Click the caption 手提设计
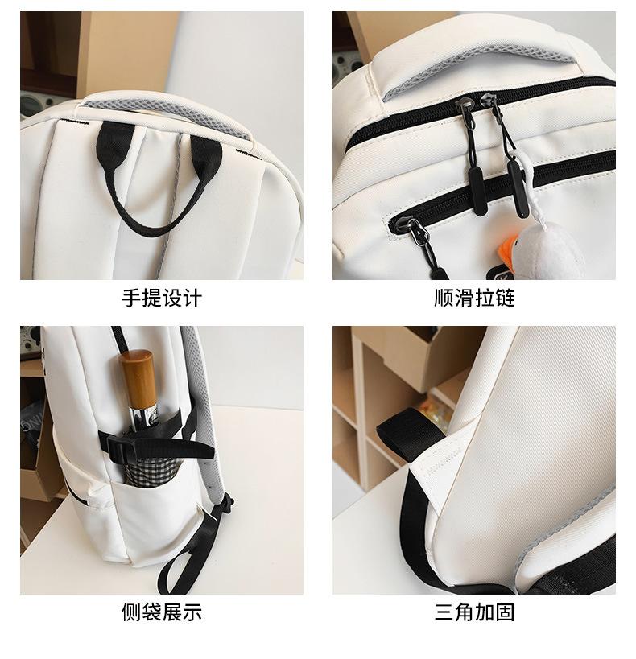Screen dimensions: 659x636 [161, 299]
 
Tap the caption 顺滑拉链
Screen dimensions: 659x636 [473, 299]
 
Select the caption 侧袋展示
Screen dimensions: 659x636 [161, 612]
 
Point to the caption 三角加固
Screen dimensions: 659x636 [473, 612]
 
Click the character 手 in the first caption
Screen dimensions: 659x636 [131, 299]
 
